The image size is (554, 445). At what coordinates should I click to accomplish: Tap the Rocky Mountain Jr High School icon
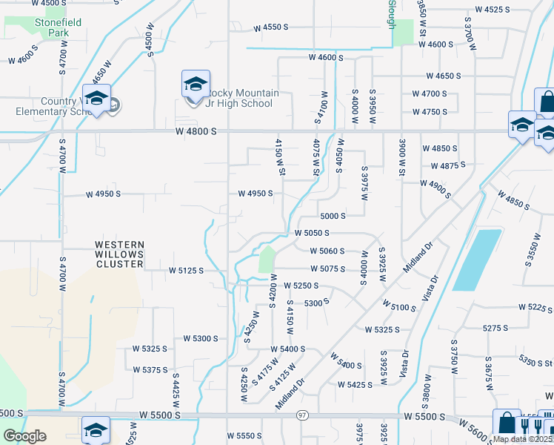196,85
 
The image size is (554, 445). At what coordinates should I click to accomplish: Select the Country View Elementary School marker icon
96,99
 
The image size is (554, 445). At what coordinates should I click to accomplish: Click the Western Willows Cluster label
118,254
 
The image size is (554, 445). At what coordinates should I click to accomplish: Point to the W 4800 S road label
196,131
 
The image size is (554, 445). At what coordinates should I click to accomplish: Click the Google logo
24,437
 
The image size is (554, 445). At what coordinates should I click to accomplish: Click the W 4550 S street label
270,27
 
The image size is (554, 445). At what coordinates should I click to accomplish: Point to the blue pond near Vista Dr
477,259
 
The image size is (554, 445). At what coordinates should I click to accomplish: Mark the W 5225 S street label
535,307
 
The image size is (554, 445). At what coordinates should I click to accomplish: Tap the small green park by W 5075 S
266,261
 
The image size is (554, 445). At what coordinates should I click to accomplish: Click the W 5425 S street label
355,385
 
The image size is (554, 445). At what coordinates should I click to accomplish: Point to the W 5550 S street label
244,435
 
